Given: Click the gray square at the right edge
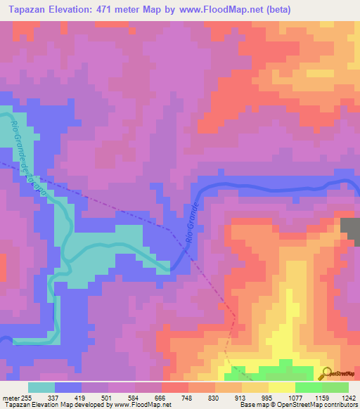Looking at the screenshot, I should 350,231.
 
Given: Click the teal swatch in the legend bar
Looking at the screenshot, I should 41,387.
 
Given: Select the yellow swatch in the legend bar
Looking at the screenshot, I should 281,387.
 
